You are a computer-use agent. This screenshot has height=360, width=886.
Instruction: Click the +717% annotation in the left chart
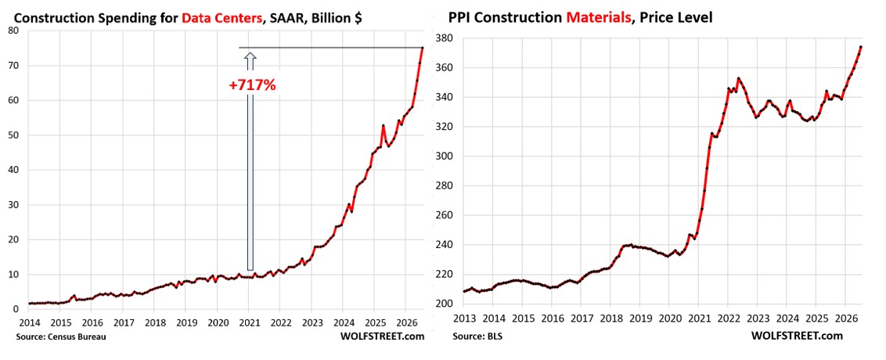coord(251,86)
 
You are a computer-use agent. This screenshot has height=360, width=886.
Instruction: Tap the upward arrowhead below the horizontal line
coord(250,56)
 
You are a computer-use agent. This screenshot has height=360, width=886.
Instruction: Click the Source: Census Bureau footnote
coord(54,337)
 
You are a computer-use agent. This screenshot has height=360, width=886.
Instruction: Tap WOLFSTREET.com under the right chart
coord(797,336)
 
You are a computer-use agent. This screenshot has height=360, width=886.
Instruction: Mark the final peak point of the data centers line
coord(422,48)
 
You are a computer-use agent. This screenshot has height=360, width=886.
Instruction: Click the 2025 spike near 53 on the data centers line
coord(383,125)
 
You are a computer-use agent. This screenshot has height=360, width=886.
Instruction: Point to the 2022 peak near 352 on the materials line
coord(738,78)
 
